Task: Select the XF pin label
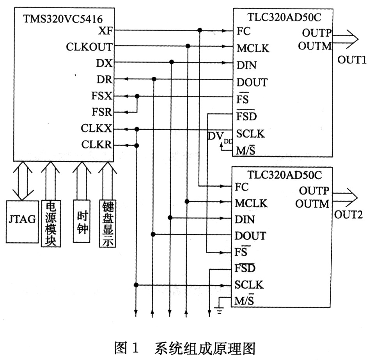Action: pyautogui.click(x=105, y=30)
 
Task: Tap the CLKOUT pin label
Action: pyautogui.click(x=89, y=47)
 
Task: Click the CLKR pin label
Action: pyautogui.click(x=97, y=145)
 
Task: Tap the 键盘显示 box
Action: pyautogui.click(x=108, y=223)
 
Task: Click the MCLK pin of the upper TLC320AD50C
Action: pyautogui.click(x=253, y=48)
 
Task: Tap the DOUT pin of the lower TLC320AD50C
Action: pyautogui.click(x=250, y=235)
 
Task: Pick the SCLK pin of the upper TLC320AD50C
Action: pyautogui.click(x=251, y=133)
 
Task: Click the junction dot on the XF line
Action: pyautogui.click(x=200, y=30)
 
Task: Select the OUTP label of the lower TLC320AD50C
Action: pyautogui.click(x=314, y=191)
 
